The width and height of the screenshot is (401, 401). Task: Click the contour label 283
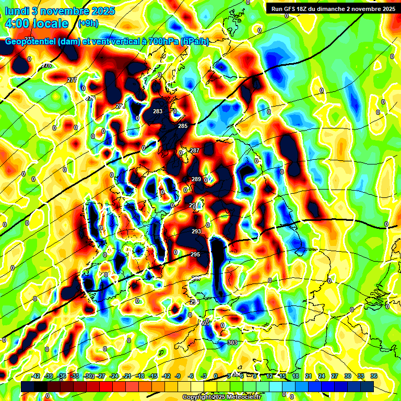point(158,111)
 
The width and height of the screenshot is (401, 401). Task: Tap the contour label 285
point(183,126)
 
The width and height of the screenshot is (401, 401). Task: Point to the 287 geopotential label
point(195,150)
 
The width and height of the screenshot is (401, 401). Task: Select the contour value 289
point(196,179)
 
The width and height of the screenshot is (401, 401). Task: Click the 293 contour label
point(196,231)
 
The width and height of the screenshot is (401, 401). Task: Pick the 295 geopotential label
point(195,254)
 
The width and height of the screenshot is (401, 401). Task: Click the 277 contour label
point(72,79)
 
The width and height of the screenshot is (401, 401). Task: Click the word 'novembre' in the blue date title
point(67,10)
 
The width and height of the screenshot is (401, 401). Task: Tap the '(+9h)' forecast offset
point(88,23)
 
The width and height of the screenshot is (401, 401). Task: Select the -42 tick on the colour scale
point(36,376)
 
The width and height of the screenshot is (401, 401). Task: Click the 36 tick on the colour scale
point(374,376)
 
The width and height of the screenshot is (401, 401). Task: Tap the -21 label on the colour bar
point(127,376)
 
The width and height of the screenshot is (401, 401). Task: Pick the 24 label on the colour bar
point(322,376)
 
